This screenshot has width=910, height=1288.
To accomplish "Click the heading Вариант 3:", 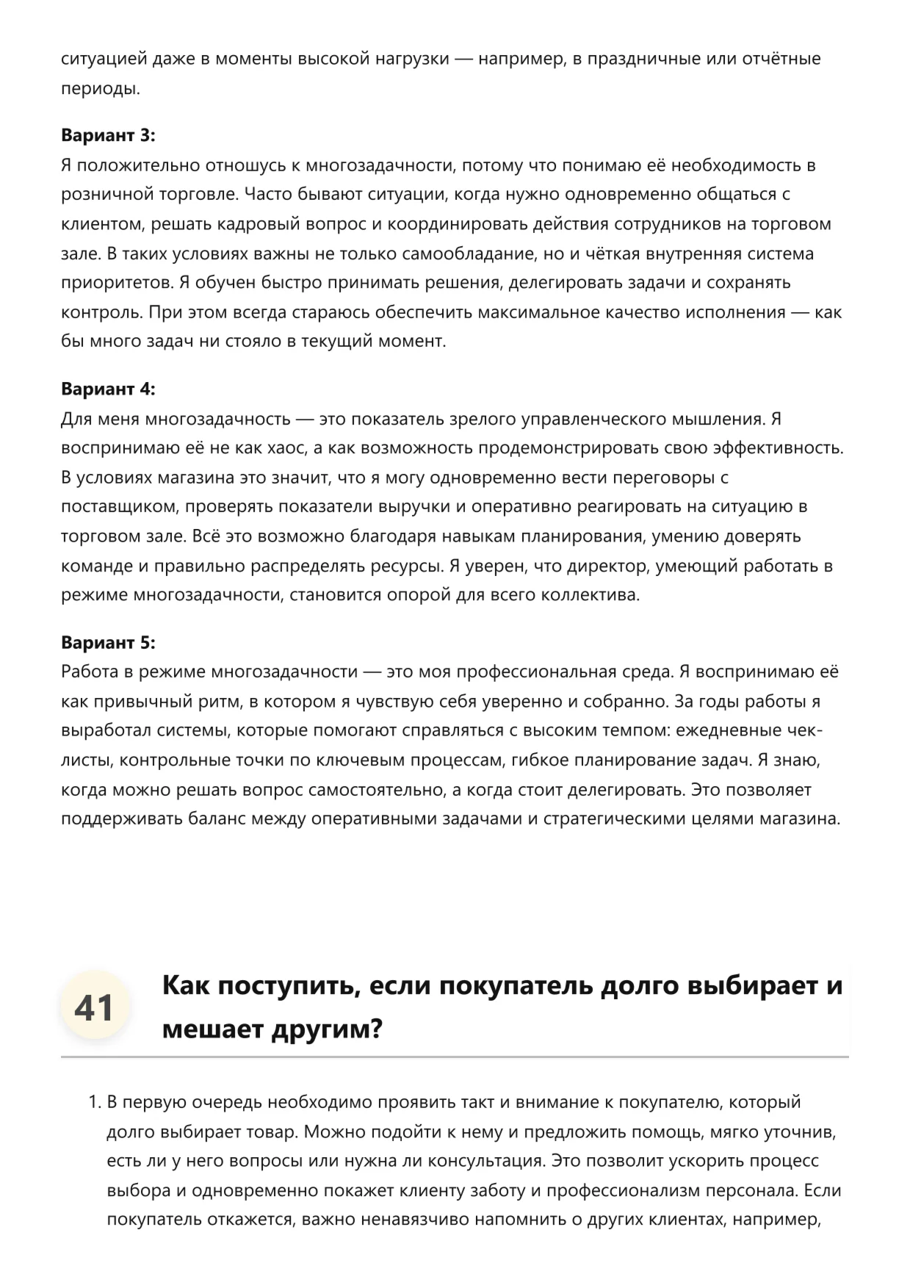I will tap(108, 135).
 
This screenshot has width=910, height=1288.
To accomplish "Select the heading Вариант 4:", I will tap(108, 389).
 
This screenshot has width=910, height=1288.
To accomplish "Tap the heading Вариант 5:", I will tap(108, 642).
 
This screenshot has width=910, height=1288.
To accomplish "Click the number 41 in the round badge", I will tap(94, 1007).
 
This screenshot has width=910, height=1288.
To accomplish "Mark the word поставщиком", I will tap(118, 507).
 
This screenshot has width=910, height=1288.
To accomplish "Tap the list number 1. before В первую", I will tap(94, 1102).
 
